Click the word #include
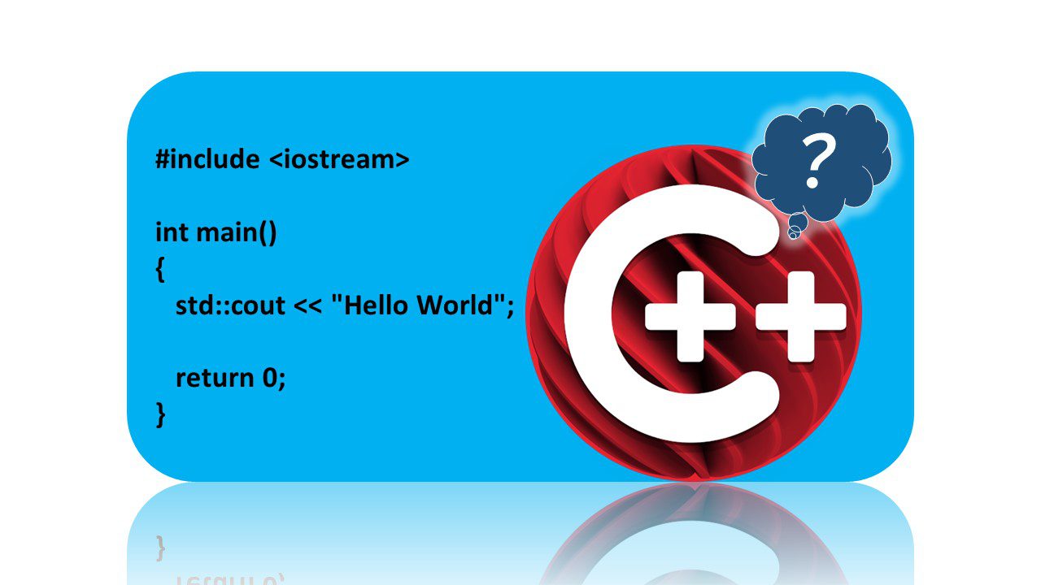(207, 159)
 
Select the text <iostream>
(338, 159)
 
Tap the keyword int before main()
(172, 232)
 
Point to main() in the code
(237, 233)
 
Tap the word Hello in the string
(374, 305)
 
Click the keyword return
(216, 378)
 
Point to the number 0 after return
(272, 378)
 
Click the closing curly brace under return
(160, 414)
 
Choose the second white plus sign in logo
(800, 317)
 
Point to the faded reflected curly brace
(160, 548)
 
